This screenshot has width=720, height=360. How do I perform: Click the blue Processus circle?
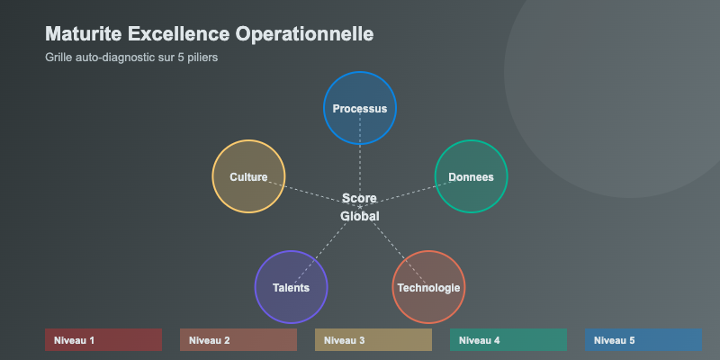[360, 108]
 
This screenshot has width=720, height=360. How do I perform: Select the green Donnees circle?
[471, 176]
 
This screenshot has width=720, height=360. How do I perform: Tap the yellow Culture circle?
[248, 176]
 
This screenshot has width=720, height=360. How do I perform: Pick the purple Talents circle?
[292, 287]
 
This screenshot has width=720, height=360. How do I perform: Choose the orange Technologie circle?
[428, 287]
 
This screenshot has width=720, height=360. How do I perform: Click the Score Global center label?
[360, 207]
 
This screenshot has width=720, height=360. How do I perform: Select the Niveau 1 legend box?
[103, 340]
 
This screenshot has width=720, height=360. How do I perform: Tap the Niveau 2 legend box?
[238, 340]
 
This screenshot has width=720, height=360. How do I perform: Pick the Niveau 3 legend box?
[373, 340]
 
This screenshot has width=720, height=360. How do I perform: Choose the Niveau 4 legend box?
[508, 340]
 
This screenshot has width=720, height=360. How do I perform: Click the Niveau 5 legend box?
[643, 340]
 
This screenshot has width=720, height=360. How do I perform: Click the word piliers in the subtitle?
[202, 57]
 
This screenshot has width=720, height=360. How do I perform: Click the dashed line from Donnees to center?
[409, 193]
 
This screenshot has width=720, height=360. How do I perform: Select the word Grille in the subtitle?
[58, 57]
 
